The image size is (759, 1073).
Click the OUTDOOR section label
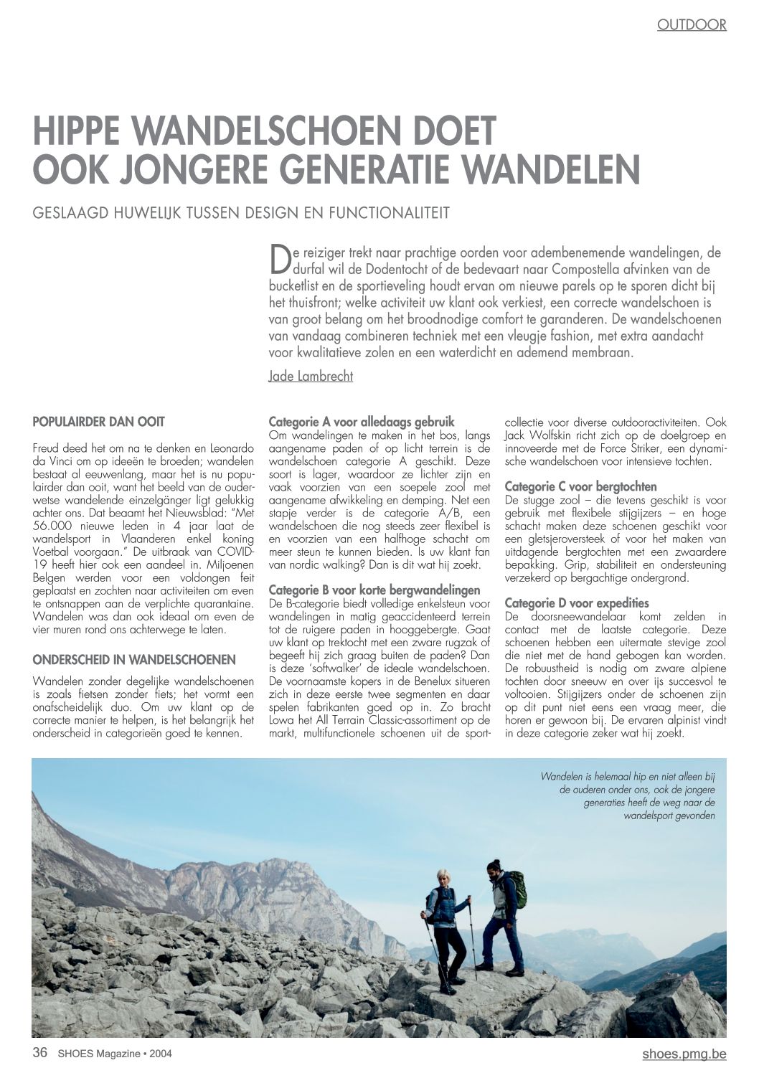pos(691,25)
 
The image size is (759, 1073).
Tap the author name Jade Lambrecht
pos(310,376)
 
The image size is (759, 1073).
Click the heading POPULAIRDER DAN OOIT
pos(99,422)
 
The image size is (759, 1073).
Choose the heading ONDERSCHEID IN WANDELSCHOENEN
pos(134,659)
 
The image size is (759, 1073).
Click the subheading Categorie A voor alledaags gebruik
pos(361,422)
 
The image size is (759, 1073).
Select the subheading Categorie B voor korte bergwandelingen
pos(374,590)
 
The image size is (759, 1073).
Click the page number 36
pos(40,1053)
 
